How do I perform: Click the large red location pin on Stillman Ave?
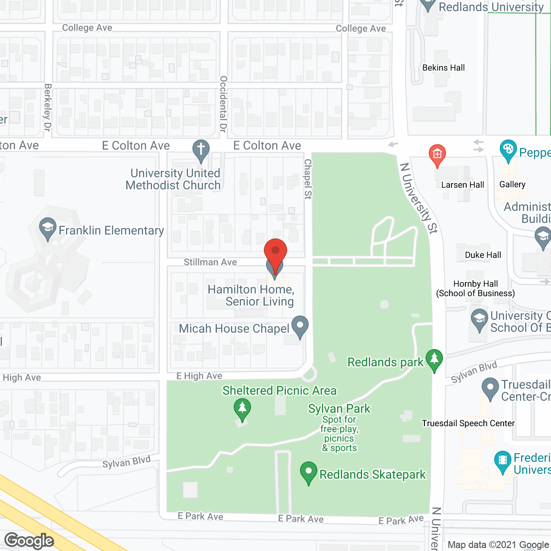click(275, 252)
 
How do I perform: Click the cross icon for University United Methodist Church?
click(201, 150)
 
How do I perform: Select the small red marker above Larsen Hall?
click(437, 154)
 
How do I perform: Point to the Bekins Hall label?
click(443, 68)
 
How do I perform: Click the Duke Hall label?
click(483, 255)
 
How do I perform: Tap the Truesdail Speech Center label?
click(468, 423)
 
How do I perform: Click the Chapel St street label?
click(308, 179)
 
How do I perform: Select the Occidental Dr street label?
click(223, 104)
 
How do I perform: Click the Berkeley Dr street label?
click(47, 108)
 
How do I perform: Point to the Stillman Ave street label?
click(210, 262)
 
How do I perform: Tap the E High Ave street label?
click(199, 376)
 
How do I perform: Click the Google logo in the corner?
click(29, 541)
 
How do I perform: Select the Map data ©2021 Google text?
click(498, 545)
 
